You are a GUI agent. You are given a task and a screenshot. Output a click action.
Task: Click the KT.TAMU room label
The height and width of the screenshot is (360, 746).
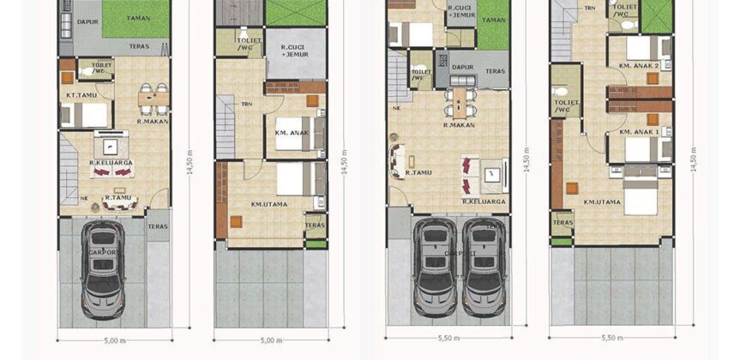[x=80, y=95]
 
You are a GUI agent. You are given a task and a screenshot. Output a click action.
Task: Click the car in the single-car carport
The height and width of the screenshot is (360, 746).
[x=102, y=268]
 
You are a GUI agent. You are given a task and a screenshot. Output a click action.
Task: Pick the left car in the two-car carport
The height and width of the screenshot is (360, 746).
[x=435, y=267]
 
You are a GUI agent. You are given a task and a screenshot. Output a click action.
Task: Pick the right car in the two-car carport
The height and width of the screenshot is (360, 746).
[x=484, y=267]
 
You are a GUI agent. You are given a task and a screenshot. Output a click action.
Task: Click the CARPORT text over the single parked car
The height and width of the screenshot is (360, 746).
[x=102, y=253]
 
